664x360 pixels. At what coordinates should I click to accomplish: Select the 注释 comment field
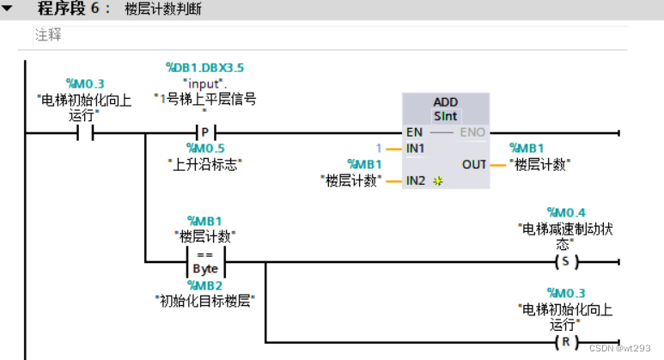(x=48, y=36)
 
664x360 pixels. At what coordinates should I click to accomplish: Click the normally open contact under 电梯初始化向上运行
(x=85, y=133)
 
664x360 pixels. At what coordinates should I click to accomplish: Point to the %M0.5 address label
(x=204, y=148)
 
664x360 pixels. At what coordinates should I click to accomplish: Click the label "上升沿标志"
(x=204, y=162)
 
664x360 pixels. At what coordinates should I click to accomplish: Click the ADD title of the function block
(x=445, y=102)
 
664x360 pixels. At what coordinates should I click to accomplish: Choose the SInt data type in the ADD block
(x=445, y=115)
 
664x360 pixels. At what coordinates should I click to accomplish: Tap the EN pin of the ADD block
(x=414, y=133)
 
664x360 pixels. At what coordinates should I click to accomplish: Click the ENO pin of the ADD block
(x=473, y=133)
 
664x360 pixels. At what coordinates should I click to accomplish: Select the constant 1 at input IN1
(x=378, y=148)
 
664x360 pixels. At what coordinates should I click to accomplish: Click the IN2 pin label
(x=416, y=180)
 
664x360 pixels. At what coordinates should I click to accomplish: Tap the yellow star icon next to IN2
(x=436, y=181)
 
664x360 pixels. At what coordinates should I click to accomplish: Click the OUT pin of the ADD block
(x=474, y=164)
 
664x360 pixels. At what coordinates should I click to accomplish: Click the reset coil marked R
(x=564, y=341)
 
